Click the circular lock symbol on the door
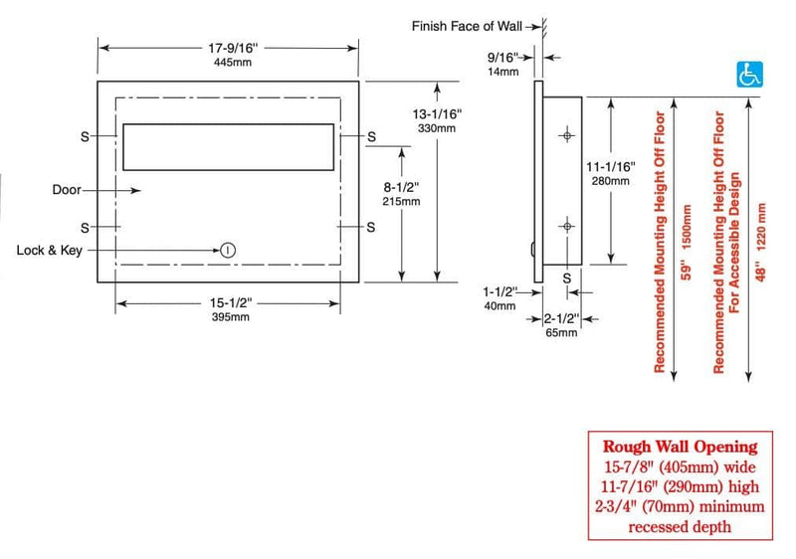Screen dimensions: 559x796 (x=228, y=250)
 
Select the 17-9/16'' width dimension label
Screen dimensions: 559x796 (x=229, y=47)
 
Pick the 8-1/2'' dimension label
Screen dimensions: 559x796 (x=401, y=186)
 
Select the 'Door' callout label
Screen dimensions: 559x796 (x=67, y=189)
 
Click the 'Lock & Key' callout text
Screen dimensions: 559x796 (x=50, y=250)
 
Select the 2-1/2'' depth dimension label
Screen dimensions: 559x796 (x=562, y=318)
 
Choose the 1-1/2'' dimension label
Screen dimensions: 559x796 (x=499, y=292)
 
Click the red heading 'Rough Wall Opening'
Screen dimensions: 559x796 (x=680, y=447)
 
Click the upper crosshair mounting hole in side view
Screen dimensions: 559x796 (x=566, y=133)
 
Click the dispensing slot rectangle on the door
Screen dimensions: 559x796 (x=228, y=147)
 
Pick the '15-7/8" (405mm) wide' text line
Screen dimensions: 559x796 (x=681, y=466)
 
